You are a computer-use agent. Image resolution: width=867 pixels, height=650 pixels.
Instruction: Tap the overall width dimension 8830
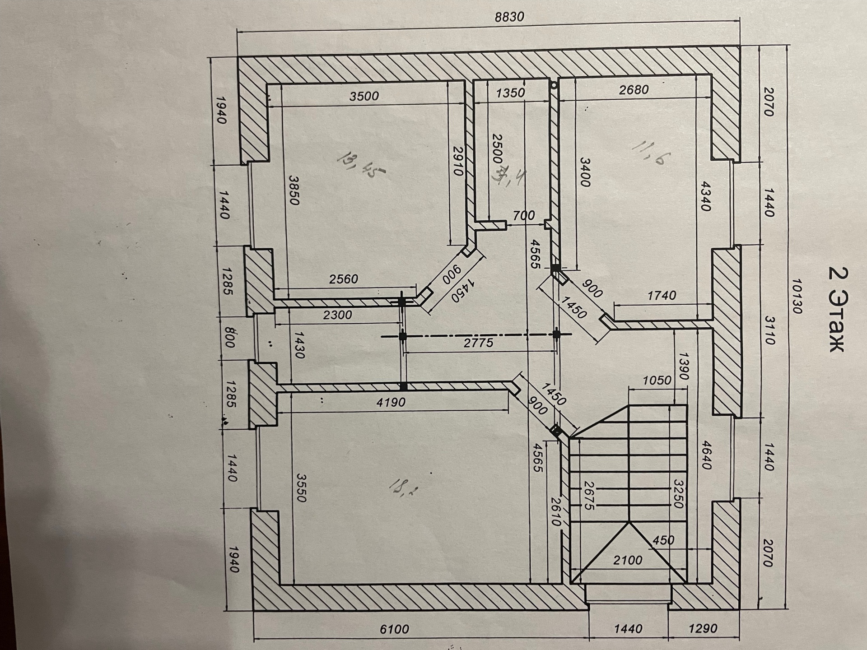(509, 17)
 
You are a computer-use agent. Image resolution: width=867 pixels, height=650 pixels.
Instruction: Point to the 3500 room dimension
(364, 96)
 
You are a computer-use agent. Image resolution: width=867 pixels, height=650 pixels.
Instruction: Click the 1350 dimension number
(510, 93)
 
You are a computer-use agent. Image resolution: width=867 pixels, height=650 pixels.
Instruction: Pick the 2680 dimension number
(634, 90)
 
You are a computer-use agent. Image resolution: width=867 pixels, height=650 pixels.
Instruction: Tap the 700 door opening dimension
(524, 216)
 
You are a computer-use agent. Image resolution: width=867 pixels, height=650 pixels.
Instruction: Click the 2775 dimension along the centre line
(479, 344)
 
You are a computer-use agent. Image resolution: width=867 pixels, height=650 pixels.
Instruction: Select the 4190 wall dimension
(391, 402)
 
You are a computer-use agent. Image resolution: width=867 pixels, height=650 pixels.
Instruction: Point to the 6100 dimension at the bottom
(394, 629)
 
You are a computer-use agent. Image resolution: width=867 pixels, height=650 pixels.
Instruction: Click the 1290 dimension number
(704, 628)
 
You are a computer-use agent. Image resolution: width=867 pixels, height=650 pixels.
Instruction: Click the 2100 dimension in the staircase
(628, 561)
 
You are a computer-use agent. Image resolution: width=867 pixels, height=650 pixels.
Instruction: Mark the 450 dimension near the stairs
(663, 540)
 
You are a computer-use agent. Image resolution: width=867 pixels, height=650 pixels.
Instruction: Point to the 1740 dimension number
(662, 296)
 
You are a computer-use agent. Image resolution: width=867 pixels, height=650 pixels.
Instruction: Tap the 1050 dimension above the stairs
(657, 381)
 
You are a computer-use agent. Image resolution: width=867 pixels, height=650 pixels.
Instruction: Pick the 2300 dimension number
(337, 315)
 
